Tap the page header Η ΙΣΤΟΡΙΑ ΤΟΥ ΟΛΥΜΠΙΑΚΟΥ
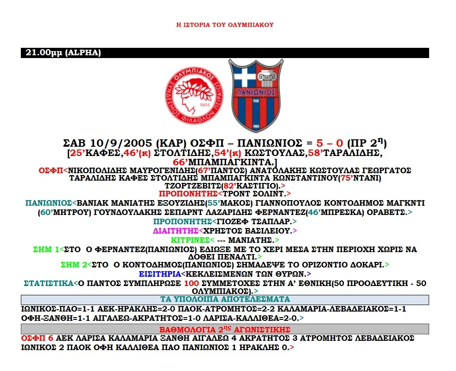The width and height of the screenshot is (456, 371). pyautogui.click(x=225, y=25)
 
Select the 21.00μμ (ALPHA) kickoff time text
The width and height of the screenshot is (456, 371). pyautogui.click(x=63, y=53)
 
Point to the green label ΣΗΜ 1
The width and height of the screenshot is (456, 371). pyautogui.click(x=46, y=249)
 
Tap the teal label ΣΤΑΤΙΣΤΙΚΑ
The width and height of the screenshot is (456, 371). pyautogui.click(x=49, y=283)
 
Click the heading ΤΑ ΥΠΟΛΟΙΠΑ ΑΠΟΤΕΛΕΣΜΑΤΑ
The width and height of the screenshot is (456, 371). pyautogui.click(x=225, y=299)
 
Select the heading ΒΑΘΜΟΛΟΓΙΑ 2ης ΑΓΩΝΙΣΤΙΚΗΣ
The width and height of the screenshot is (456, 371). pyautogui.click(x=225, y=329)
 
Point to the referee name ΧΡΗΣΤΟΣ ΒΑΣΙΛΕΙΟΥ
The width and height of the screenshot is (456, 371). pyautogui.click(x=248, y=230)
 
